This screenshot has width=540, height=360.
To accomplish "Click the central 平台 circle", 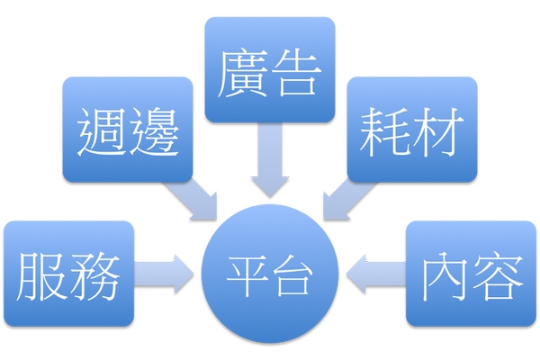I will click(270, 272).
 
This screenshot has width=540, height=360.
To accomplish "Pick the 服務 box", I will click(68, 272).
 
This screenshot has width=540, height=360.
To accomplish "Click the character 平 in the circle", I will click(246, 274).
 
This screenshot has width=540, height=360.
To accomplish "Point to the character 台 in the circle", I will click(293, 274).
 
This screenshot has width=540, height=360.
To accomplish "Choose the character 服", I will click(42, 274).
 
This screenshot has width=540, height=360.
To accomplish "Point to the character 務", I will click(94, 274).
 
